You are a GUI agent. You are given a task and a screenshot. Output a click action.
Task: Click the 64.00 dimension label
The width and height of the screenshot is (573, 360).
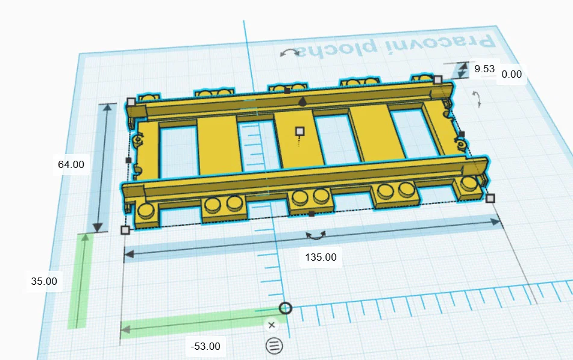(71, 164)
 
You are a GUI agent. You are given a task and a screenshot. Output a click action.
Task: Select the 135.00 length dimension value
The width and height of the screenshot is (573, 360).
(321, 257)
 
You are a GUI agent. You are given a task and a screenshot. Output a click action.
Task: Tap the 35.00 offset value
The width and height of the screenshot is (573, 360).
(44, 281)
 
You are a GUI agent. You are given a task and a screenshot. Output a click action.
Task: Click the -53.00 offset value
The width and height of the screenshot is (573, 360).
(205, 346)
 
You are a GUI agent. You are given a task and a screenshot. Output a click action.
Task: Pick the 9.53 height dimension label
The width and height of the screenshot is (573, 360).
(484, 69)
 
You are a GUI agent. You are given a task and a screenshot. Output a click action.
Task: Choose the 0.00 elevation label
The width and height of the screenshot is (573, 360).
(512, 75)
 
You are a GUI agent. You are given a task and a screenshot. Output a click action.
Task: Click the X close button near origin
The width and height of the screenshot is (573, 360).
(271, 325)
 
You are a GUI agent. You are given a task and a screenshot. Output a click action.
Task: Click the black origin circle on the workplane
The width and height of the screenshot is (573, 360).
(286, 308)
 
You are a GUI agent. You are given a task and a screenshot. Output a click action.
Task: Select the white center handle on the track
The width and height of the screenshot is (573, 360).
(300, 131)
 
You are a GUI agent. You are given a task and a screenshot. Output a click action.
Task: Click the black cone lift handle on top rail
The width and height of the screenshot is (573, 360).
(302, 102)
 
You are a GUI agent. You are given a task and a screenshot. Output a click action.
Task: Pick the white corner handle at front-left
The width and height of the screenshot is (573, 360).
(125, 230)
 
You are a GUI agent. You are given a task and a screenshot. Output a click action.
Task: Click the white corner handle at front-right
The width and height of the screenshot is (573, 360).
(490, 198)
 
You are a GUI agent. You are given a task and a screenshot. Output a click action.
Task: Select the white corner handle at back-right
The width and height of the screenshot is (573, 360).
(438, 79)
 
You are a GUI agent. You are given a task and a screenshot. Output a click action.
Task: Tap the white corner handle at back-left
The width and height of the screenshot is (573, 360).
(131, 102)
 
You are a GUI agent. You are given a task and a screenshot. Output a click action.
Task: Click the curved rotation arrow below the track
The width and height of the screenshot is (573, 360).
(316, 235)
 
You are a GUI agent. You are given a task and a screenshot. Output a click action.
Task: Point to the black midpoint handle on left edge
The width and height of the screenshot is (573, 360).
(128, 160)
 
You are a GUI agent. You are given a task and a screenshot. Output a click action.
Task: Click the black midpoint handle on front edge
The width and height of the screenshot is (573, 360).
(312, 214)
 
